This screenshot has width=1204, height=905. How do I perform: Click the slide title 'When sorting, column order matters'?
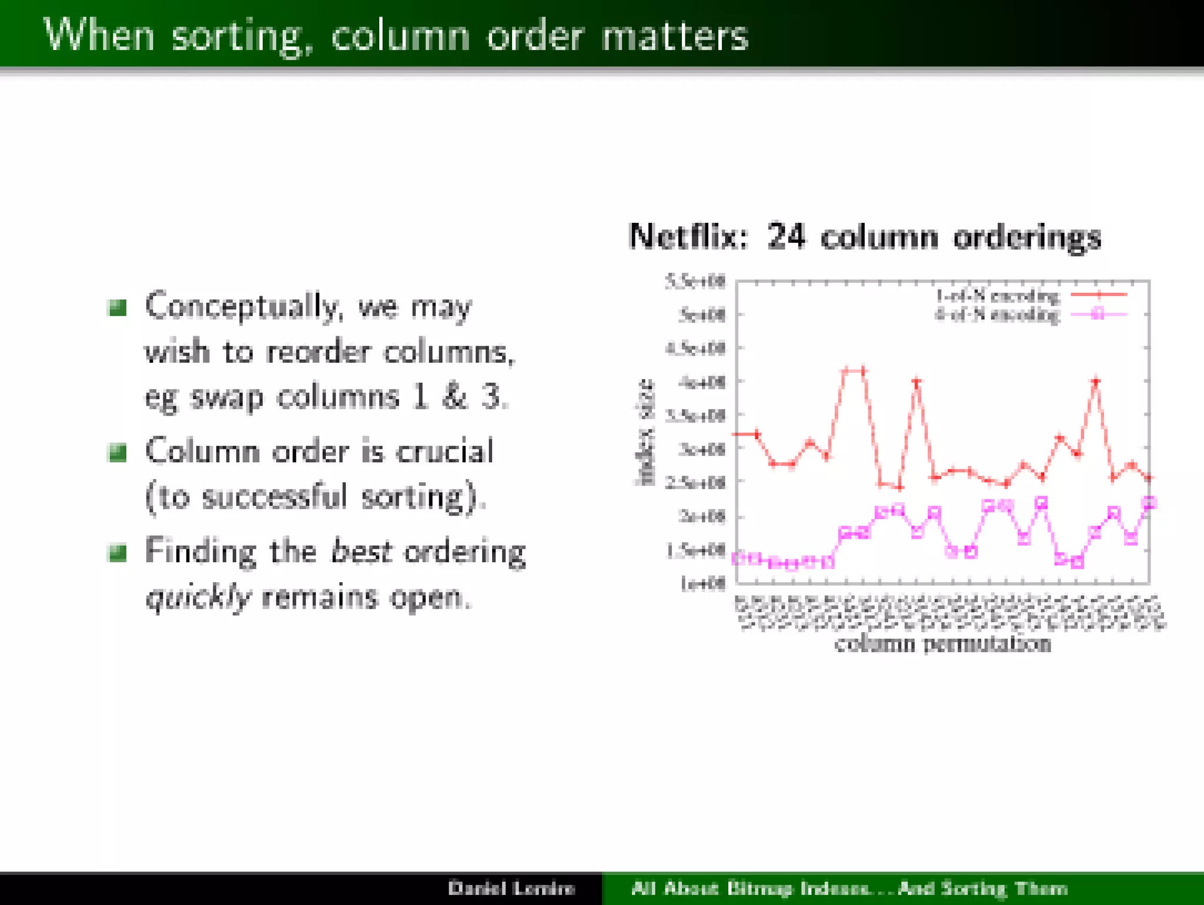click(396, 35)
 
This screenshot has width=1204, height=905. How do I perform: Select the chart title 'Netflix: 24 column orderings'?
click(864, 237)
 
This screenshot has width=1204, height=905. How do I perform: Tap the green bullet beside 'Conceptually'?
click(118, 307)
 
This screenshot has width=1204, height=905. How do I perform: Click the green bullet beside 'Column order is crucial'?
click(118, 452)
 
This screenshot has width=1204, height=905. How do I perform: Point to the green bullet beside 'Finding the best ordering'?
click(118, 552)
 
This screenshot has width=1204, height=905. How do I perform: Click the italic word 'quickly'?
click(198, 597)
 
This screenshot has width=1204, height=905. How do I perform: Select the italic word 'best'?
click(360, 552)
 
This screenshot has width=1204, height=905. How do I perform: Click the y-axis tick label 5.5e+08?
click(695, 282)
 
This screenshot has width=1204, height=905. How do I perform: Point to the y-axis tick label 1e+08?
click(703, 583)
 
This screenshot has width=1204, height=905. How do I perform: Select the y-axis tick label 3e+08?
click(702, 449)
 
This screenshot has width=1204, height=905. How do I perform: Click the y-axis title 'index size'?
click(646, 432)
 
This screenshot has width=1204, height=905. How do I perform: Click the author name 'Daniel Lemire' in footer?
click(511, 888)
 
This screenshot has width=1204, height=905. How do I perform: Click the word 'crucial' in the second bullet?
click(444, 452)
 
